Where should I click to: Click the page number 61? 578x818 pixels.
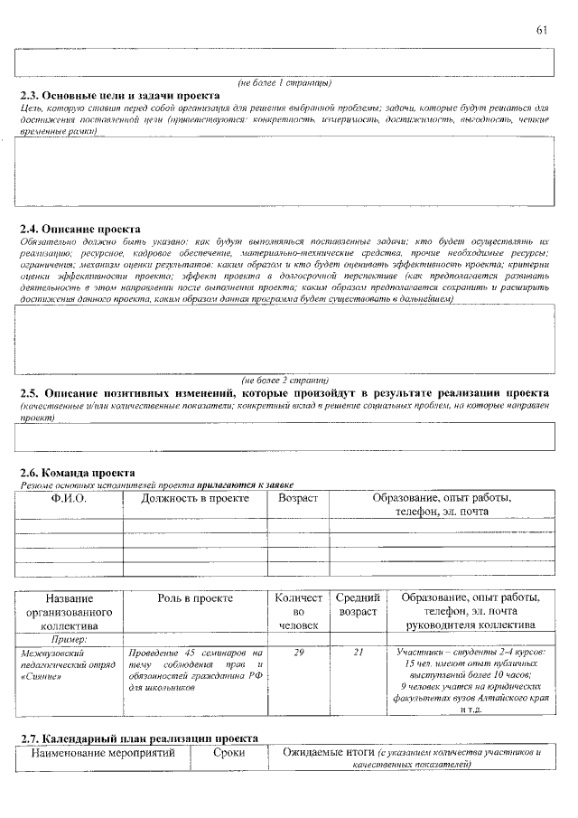pyautogui.click(x=542, y=30)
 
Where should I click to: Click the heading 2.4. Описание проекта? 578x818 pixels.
pyautogui.click(x=79, y=230)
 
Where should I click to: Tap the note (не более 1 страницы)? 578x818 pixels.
pyautogui.click(x=284, y=82)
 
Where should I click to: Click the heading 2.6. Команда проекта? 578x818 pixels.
pyautogui.click(x=78, y=473)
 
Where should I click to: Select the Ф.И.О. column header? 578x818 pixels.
pyautogui.click(x=69, y=498)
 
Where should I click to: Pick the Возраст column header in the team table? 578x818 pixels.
pyautogui.click(x=299, y=498)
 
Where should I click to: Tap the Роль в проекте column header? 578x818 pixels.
pyautogui.click(x=195, y=598)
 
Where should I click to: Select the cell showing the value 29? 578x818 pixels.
pyautogui.click(x=299, y=652)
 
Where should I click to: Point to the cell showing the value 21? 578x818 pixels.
pyautogui.click(x=357, y=652)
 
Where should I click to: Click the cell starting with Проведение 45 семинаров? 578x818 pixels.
pyautogui.click(x=195, y=670)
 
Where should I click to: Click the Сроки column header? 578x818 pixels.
pyautogui.click(x=228, y=752)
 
